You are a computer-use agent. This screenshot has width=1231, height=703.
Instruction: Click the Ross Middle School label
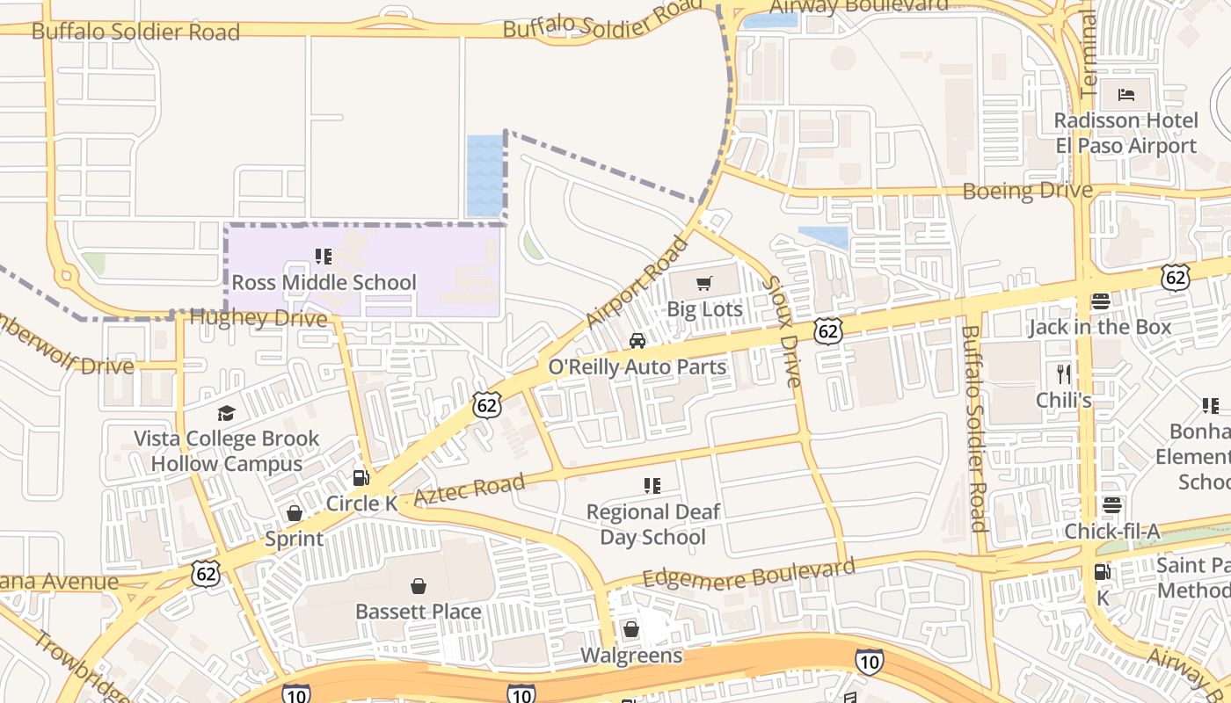(324, 283)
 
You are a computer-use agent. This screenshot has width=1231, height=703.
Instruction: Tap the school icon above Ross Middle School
(324, 257)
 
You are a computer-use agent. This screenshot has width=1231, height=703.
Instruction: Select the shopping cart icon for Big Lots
(703, 283)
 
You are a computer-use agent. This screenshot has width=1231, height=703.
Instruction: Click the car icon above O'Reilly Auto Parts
(637, 341)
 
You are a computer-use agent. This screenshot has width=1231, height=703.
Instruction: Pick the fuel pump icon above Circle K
(361, 478)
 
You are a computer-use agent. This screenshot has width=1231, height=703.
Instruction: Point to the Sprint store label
(294, 539)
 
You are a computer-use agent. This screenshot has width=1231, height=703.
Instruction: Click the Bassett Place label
(419, 612)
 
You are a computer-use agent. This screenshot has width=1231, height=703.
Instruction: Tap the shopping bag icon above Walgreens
(630, 629)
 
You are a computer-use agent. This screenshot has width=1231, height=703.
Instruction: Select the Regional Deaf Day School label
(652, 525)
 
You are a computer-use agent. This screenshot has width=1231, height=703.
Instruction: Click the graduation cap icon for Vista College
(227, 413)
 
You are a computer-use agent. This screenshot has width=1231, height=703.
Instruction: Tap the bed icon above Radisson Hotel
(1126, 95)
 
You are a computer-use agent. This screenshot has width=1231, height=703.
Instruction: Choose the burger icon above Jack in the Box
(1100, 301)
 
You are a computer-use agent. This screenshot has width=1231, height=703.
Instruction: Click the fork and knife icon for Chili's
(1064, 374)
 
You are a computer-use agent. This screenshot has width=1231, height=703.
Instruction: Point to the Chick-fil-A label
(1111, 532)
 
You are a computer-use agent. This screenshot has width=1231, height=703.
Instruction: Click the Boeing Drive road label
(1027, 191)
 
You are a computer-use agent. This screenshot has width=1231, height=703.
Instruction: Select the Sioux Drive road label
(781, 331)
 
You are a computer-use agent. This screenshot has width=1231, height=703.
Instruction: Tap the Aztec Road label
(469, 489)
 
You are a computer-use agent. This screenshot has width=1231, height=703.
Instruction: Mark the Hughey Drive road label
(259, 317)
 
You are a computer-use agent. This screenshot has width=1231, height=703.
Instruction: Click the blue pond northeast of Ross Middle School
(484, 176)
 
